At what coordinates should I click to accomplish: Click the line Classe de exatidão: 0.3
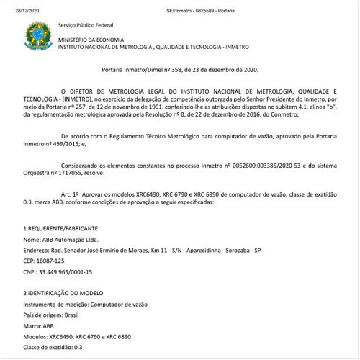(x=53, y=348)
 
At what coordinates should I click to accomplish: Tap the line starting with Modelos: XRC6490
(x=78, y=337)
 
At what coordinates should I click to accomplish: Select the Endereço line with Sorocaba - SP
(x=142, y=250)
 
